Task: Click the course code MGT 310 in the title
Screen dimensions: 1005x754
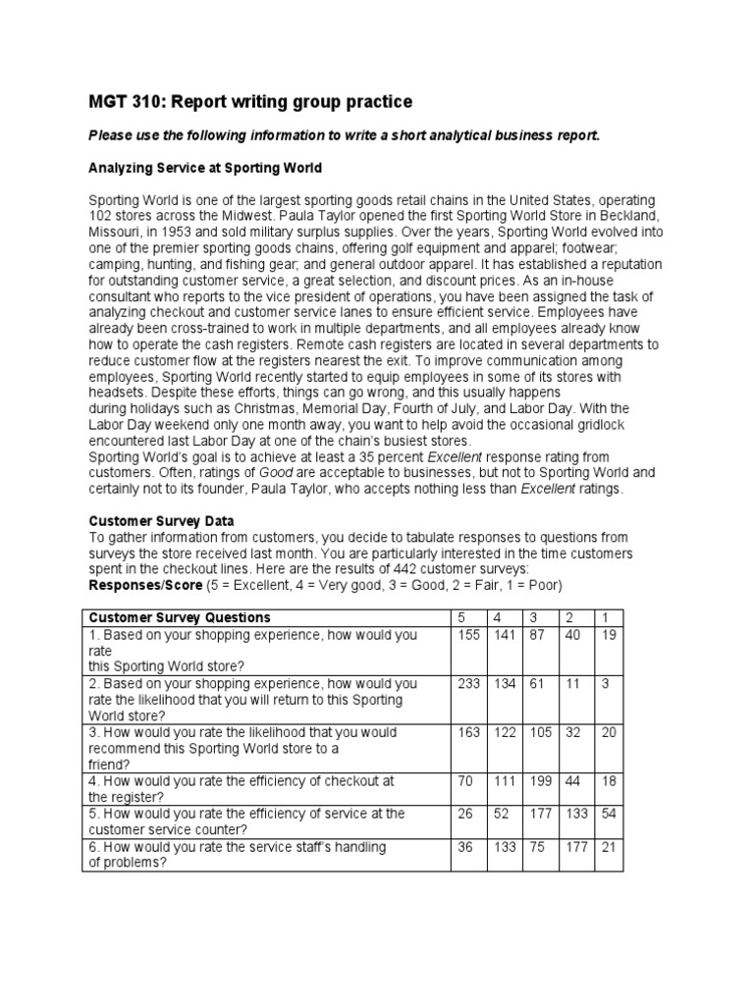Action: click(x=122, y=102)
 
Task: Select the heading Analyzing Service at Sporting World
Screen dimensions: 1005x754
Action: click(x=205, y=169)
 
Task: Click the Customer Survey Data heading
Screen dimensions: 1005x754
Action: click(x=162, y=520)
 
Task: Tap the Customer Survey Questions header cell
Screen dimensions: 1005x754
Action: click(x=180, y=617)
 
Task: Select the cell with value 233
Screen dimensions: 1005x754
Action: click(x=468, y=683)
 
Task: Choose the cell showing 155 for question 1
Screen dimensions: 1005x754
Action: click(x=468, y=635)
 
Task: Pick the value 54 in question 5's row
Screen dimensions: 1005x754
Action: click(x=609, y=814)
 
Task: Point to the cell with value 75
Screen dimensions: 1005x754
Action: click(x=539, y=847)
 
